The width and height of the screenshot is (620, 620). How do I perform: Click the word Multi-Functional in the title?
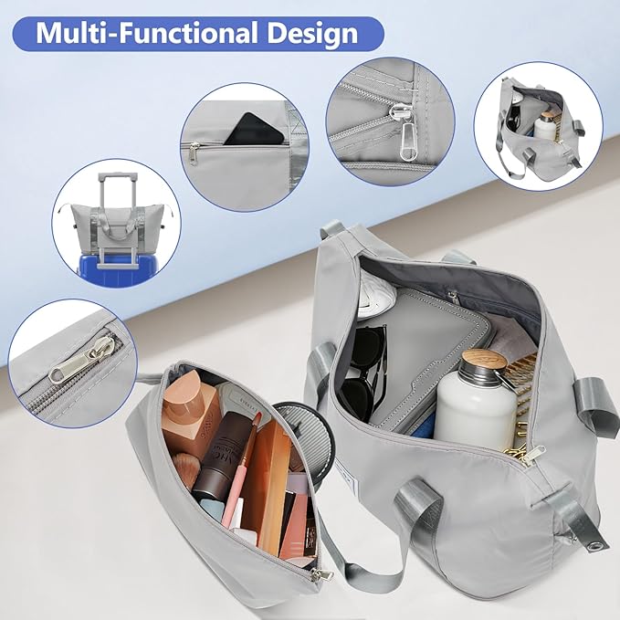(144, 33)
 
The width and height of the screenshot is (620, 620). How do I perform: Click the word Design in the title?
(312, 35)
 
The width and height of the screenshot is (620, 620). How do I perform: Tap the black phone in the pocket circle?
(254, 129)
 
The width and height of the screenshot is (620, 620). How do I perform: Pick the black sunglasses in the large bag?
(363, 369)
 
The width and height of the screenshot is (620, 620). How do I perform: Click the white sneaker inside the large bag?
(375, 291)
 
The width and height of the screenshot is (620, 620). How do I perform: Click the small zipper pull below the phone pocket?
(194, 152)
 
